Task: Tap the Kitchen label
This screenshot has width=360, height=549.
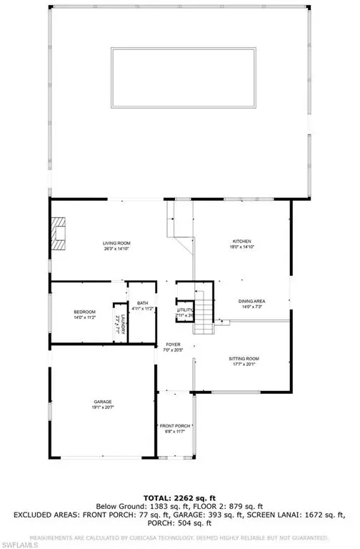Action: tap(241, 241)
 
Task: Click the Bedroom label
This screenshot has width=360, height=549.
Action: tap(84, 312)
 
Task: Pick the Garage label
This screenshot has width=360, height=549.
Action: tap(102, 402)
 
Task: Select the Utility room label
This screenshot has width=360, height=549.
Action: tap(185, 310)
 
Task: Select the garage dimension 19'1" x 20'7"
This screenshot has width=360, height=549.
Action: tap(102, 408)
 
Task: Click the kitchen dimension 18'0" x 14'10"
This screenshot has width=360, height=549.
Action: tap(241, 247)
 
